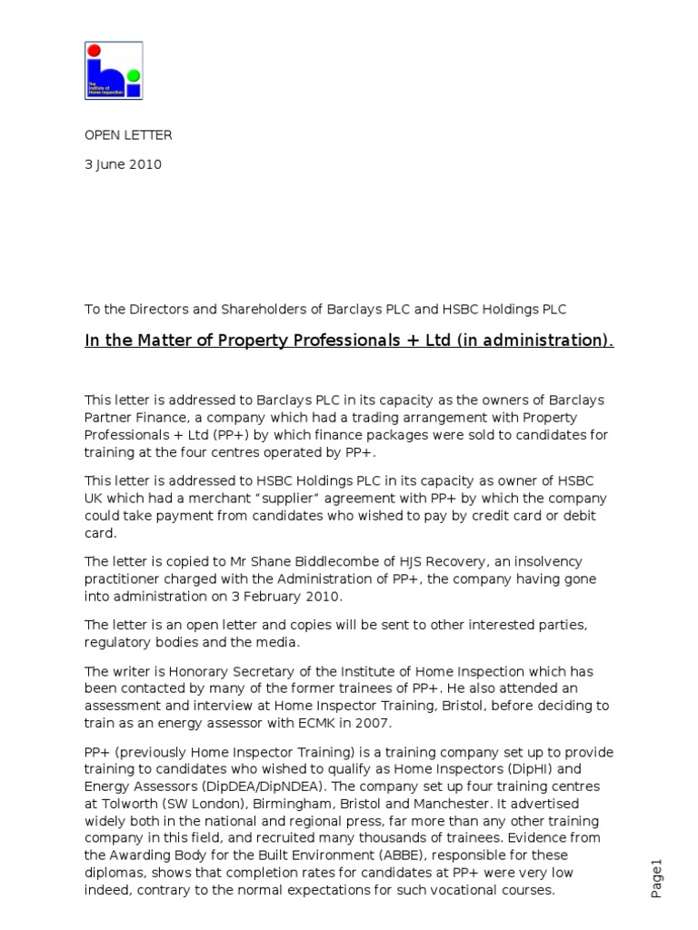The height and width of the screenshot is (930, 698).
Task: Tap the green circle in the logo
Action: (134, 74)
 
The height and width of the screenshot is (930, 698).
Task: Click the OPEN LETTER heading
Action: (128, 135)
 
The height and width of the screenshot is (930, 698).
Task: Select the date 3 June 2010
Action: (124, 164)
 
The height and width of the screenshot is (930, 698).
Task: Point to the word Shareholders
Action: (264, 309)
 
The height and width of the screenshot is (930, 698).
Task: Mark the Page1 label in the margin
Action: (658, 878)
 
